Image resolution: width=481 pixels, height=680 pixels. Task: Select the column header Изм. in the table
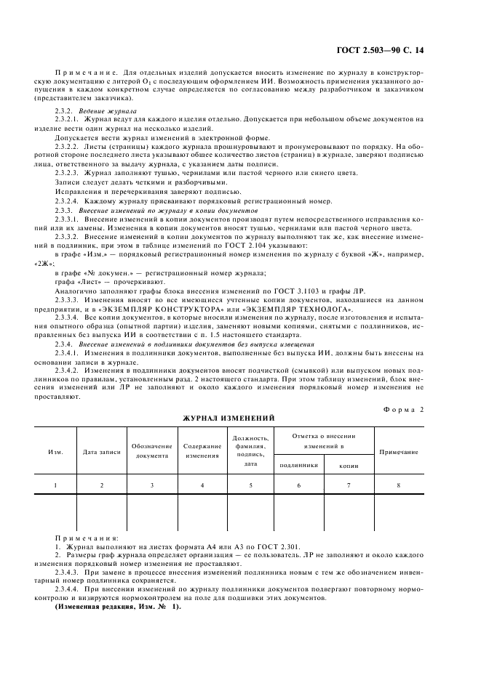(55, 451)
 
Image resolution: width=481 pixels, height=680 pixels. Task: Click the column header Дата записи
(101, 451)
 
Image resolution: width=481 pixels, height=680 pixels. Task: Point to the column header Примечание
(399, 451)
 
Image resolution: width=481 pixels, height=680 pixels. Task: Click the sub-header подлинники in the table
(298, 465)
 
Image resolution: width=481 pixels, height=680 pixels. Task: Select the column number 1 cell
(55, 484)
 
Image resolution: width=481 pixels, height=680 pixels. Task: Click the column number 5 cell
(251, 484)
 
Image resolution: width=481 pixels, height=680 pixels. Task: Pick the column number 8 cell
(399, 484)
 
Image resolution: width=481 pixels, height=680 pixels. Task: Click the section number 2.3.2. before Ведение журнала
(65, 110)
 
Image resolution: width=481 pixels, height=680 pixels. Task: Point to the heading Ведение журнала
(106, 110)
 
